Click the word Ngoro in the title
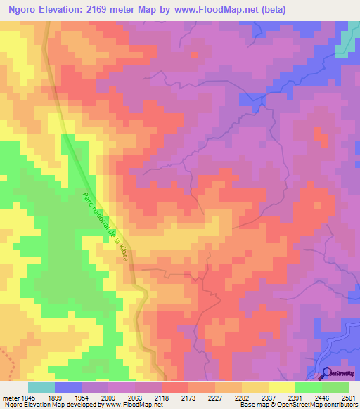[x=25, y=9]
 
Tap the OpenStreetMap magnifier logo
[x=327, y=373]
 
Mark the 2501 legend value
[x=349, y=396]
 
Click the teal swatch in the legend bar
[x=41, y=387]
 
